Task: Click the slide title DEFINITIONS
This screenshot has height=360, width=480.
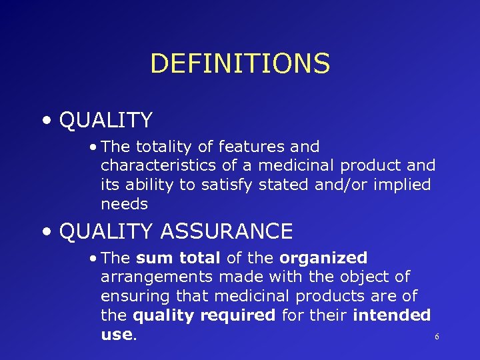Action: (x=240, y=64)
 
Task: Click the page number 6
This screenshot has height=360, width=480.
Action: (x=437, y=337)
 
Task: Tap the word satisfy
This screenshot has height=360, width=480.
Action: (x=225, y=185)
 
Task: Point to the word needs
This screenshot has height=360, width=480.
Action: (x=124, y=204)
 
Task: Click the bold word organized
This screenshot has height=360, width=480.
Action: (x=323, y=258)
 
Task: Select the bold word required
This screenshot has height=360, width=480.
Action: (x=240, y=315)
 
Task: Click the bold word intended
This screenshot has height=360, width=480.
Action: (x=391, y=315)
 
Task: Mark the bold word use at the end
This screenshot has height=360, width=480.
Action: (x=117, y=334)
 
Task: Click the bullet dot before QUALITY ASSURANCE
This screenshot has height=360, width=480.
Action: (x=45, y=232)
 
